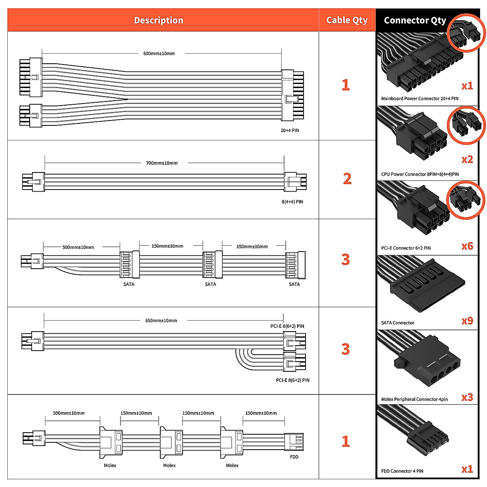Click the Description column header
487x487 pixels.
click(158, 20)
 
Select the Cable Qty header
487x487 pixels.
click(347, 20)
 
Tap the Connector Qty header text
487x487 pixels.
click(415, 20)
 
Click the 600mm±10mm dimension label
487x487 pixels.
click(159, 53)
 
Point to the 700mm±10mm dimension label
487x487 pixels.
click(162, 163)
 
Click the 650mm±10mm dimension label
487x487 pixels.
click(161, 321)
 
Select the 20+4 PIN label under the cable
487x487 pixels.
click(290, 130)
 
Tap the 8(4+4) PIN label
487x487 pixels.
click(292, 202)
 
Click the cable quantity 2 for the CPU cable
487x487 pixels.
click(347, 179)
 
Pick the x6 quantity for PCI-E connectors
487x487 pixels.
click(467, 246)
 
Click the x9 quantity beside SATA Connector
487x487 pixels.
click(467, 321)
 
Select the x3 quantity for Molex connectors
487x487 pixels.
click(467, 397)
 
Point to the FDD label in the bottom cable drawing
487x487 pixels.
click(294, 457)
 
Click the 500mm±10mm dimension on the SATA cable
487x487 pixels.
click(78, 247)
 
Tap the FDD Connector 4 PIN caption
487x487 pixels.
click(402, 471)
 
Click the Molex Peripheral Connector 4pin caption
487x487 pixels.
click(414, 399)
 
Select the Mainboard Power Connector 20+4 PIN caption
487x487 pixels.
click(420, 99)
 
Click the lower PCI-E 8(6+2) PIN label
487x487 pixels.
click(292, 380)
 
